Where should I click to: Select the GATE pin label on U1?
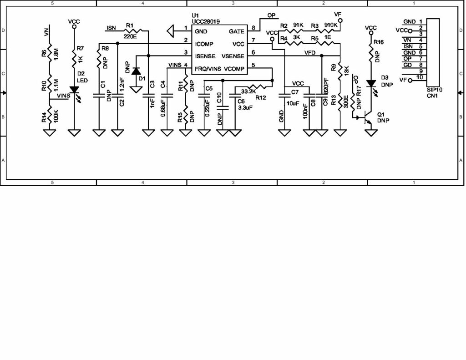[x=236, y=31]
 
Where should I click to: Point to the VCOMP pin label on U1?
[x=234, y=69]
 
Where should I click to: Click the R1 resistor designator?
[x=130, y=25]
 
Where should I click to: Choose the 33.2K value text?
[x=248, y=91]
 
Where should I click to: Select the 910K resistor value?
[x=330, y=25]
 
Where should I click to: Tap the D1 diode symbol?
[x=136, y=71]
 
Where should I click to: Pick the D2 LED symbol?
[x=74, y=90]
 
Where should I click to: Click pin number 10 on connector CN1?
[x=419, y=77]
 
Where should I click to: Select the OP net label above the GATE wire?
[x=271, y=15]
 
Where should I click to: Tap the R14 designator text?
[x=44, y=118]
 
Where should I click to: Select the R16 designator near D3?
[x=378, y=42]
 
